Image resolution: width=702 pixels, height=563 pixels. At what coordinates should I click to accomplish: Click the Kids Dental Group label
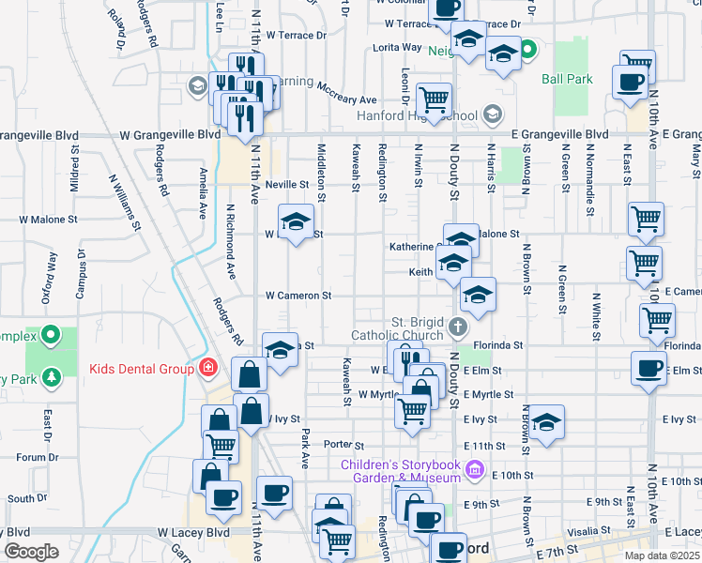[142, 368]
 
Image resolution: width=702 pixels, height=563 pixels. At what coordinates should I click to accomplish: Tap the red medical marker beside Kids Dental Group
[206, 368]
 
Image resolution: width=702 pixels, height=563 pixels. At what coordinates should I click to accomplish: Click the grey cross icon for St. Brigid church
[457, 327]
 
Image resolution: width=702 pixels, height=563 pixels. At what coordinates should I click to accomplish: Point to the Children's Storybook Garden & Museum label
[403, 469]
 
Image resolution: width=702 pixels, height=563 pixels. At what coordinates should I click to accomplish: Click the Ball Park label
[567, 79]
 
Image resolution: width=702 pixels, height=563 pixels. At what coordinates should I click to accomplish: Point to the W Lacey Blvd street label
[193, 532]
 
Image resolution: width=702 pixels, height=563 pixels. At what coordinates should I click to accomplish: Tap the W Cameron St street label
[298, 296]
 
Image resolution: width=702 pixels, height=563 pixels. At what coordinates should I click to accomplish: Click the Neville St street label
[286, 185]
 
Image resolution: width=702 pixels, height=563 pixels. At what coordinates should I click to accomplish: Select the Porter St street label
[343, 444]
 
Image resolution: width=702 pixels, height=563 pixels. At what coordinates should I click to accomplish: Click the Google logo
[30, 552]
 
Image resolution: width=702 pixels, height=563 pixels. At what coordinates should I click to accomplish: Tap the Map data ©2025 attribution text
[663, 555]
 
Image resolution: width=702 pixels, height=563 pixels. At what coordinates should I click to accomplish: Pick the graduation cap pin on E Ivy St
[545, 422]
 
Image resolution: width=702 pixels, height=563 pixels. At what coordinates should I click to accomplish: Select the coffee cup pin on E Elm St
[648, 367]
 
